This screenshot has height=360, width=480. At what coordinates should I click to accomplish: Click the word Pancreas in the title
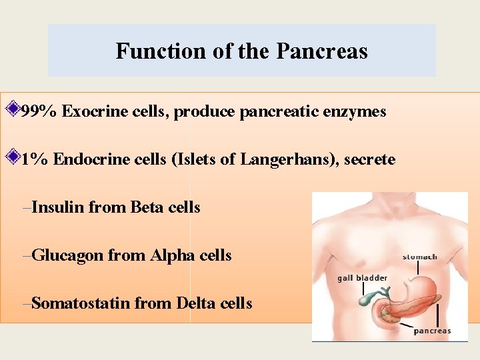322,51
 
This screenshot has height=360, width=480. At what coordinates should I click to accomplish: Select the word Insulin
57,207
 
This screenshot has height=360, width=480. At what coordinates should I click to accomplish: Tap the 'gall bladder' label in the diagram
362,278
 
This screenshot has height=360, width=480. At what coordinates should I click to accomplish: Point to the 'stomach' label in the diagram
419,257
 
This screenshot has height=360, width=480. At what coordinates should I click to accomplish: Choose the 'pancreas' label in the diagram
432,331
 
